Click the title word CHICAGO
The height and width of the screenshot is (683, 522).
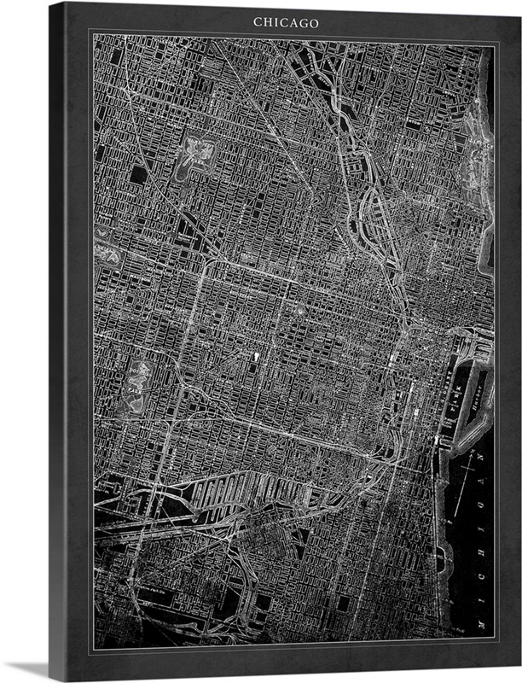286,22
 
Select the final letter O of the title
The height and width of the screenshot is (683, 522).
314,22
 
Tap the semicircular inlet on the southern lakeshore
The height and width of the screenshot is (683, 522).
443,559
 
